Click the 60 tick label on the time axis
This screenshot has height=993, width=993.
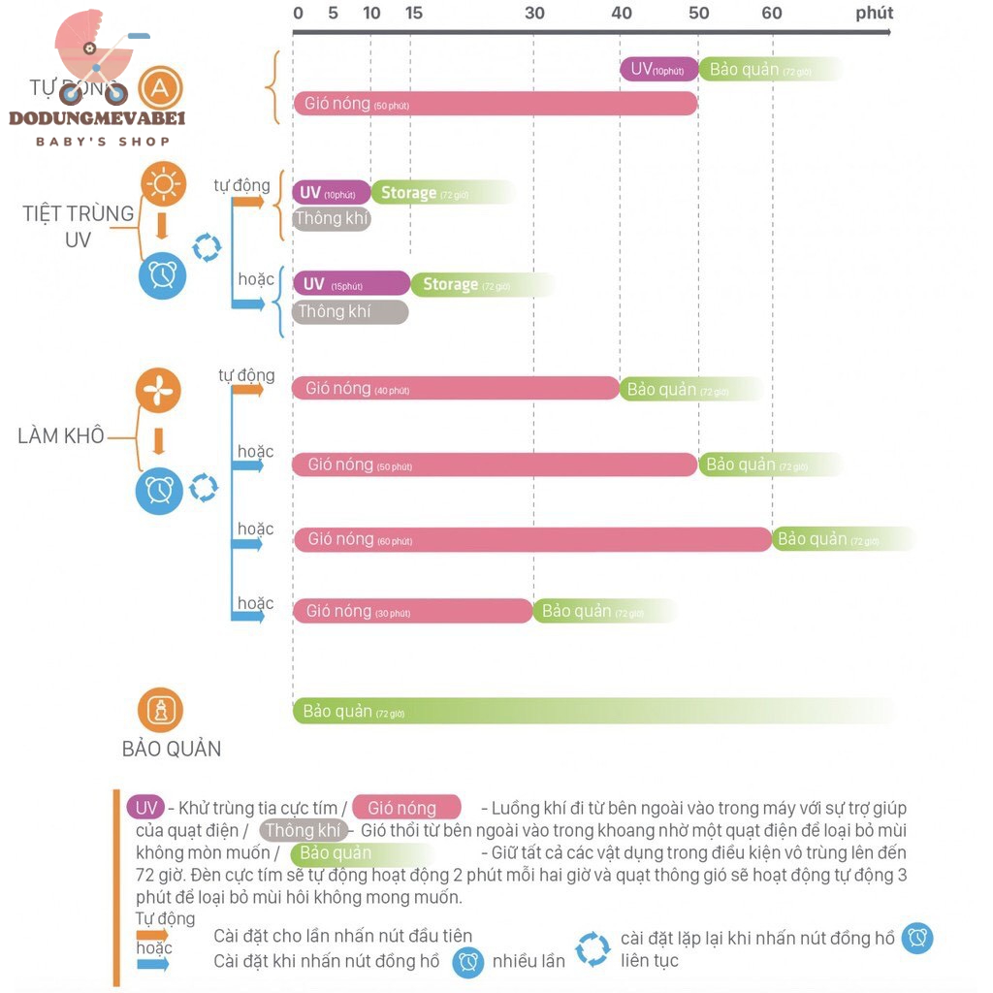772,14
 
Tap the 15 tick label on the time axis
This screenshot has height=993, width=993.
414,14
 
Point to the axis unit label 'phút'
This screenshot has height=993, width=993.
874,14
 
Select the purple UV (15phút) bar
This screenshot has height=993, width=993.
351,284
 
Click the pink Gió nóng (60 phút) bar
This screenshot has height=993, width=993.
531,539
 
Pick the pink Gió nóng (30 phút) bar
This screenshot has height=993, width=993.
412,611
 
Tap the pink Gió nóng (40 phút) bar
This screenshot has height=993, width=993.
455,389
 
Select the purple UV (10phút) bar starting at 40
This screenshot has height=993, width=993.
658,69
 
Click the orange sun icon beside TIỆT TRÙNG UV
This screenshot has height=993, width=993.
163,183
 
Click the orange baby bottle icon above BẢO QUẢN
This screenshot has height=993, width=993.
160,710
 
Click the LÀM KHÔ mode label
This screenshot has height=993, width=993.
61,435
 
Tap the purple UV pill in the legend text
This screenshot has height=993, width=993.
145,807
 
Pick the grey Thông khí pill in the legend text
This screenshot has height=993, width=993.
304,830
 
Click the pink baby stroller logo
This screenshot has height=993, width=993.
95,58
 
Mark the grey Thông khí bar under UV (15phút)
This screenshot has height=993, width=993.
350,311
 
